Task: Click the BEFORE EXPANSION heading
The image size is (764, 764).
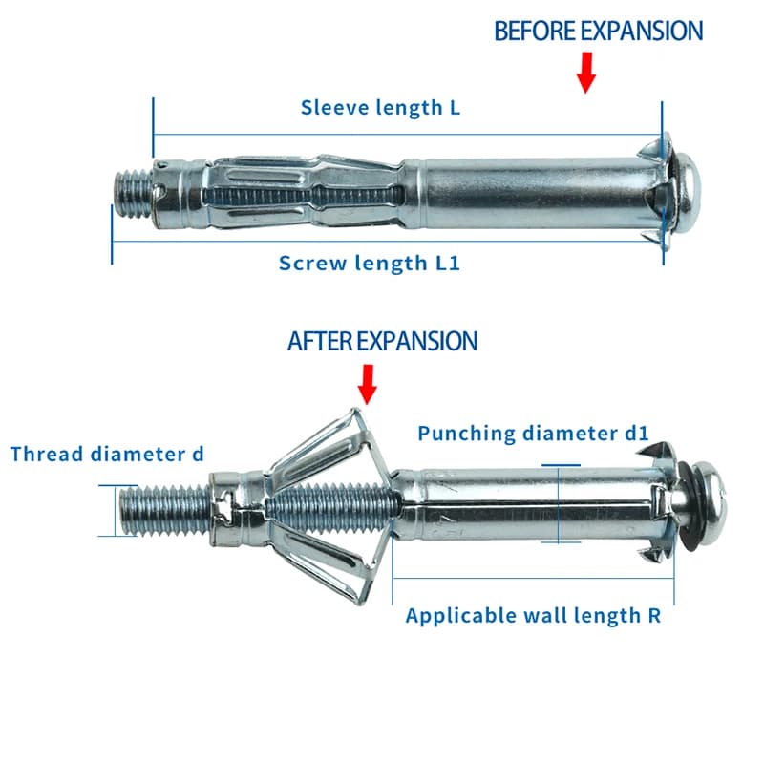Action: [599, 31]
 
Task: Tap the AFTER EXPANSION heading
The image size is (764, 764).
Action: [383, 341]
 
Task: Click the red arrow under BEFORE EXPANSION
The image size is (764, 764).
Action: [586, 73]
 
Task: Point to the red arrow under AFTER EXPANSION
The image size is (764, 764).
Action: [368, 385]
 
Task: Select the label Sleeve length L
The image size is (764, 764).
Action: [380, 108]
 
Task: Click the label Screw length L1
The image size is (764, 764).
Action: [370, 264]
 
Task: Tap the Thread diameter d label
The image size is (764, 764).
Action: [107, 455]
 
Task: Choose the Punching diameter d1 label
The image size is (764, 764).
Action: [534, 434]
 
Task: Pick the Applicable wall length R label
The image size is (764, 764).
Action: [533, 615]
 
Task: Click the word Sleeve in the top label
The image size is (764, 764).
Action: [330, 108]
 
